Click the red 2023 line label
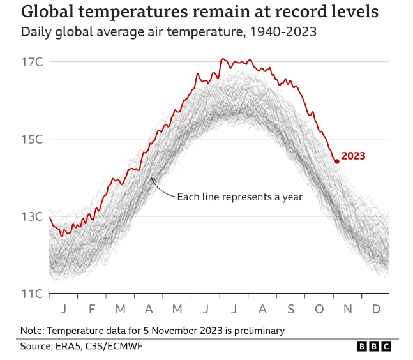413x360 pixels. click(x=354, y=156)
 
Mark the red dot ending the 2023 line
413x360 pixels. click(x=337, y=161)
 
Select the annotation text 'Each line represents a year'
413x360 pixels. click(x=239, y=197)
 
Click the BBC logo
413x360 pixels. click(x=373, y=346)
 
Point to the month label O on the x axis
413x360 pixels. click(x=319, y=310)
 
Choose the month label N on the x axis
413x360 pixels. click(x=348, y=310)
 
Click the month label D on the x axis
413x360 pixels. click(x=376, y=310)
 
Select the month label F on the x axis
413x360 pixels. click(x=91, y=310)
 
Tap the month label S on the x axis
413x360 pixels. click(x=291, y=310)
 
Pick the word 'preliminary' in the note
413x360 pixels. click(x=257, y=330)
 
